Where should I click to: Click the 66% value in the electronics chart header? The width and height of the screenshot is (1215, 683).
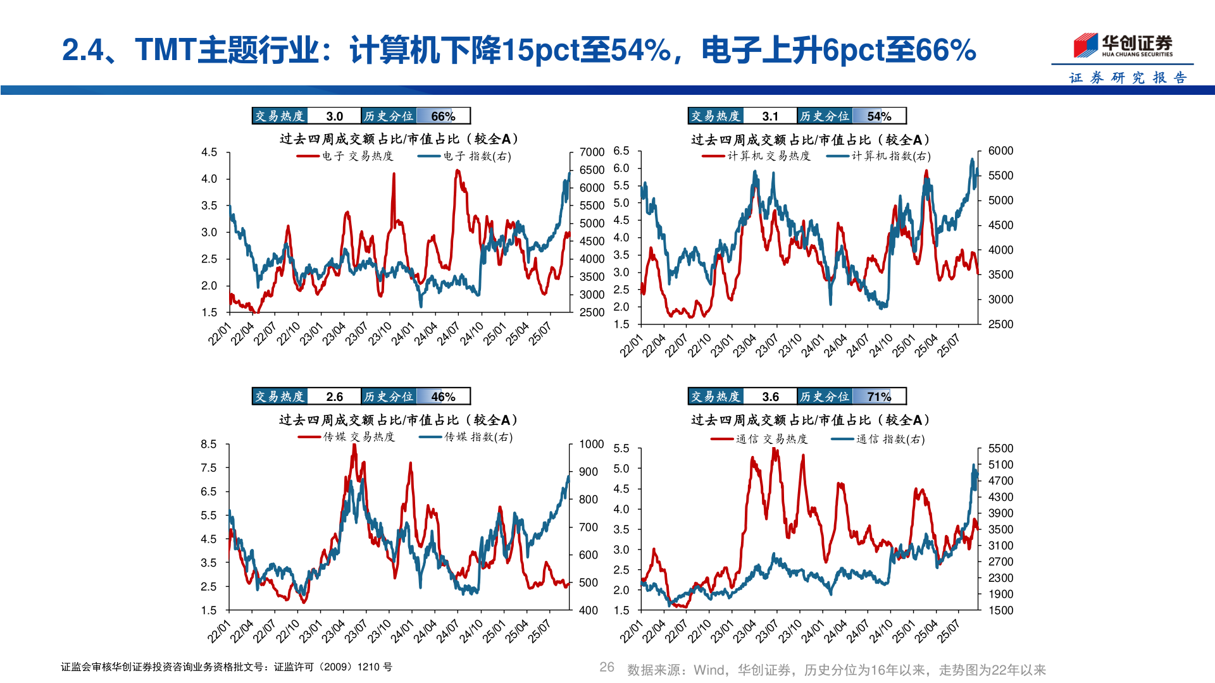[443, 116]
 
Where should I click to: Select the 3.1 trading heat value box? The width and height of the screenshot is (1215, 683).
[769, 116]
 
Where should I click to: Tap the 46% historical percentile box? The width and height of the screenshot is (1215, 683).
[443, 397]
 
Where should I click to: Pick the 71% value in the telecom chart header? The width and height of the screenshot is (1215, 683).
[879, 397]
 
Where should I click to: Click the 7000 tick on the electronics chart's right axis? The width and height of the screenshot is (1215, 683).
[592, 152]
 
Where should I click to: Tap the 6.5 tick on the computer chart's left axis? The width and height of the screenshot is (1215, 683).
[621, 151]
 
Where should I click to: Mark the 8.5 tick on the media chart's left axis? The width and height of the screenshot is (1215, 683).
[209, 445]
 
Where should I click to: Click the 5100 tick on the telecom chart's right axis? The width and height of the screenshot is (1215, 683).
[1000, 465]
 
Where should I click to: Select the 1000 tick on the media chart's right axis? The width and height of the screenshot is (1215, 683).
[592, 445]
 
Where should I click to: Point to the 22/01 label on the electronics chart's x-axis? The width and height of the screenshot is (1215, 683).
[220, 334]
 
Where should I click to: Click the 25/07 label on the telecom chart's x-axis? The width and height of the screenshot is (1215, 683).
[949, 632]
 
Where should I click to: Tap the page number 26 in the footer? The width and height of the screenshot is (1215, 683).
[607, 667]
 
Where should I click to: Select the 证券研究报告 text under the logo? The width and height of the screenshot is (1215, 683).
[1128, 78]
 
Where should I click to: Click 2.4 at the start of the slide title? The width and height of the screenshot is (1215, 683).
[82, 51]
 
